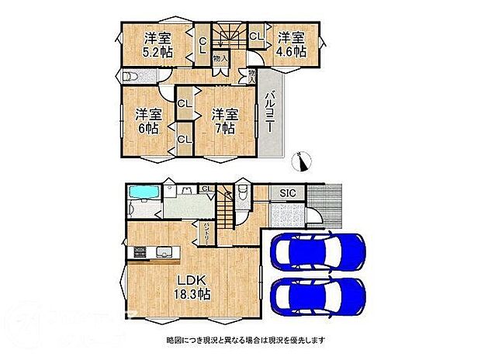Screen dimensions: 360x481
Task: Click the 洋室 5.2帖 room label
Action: click(156, 46)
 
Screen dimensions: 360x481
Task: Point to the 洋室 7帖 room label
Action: click(226, 121)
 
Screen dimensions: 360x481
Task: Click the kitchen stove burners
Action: click(140, 252)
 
